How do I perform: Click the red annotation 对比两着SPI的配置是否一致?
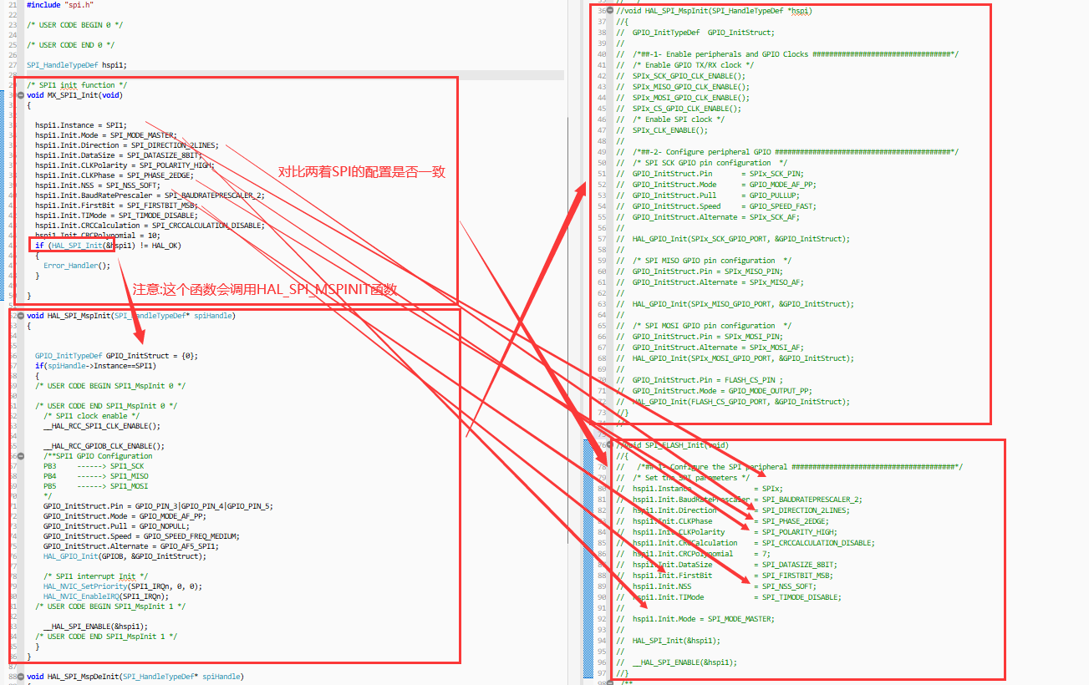coord(362,172)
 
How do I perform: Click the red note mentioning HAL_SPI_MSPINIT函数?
coord(265,289)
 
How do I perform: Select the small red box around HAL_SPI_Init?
coord(73,246)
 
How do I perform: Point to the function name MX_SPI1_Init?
coord(73,95)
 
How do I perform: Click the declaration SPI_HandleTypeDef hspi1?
coord(76,64)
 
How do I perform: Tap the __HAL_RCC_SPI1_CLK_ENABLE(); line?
coord(101,426)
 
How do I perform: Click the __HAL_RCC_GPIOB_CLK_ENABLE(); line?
coord(104,446)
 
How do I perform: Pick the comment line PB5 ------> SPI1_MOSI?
coord(95,486)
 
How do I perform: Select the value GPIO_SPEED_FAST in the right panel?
coord(782,206)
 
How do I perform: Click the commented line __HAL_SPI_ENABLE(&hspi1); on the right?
coord(684,662)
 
